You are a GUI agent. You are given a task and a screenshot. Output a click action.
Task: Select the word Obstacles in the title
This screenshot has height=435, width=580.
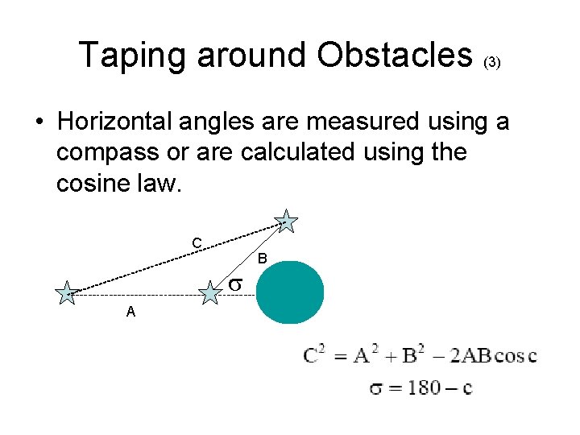click(x=394, y=56)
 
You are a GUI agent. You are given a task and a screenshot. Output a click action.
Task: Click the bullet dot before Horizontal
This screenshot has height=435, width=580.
click(x=39, y=123)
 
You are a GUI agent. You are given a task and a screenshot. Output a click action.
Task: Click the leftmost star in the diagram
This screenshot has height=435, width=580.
click(x=66, y=293)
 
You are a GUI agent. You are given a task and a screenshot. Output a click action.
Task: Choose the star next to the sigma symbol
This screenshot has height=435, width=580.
click(x=209, y=292)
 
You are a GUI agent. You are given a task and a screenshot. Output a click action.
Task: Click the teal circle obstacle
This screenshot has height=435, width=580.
click(x=290, y=292)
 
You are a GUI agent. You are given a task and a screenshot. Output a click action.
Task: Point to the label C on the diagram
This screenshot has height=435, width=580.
click(x=196, y=243)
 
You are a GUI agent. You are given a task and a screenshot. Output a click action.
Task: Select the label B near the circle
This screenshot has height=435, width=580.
click(x=262, y=259)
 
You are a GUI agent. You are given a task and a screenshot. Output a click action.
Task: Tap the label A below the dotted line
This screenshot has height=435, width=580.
click(x=130, y=313)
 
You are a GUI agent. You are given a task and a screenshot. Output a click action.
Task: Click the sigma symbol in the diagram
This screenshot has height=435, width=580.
click(x=234, y=284)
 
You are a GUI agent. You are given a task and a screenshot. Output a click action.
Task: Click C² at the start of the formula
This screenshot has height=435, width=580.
click(x=315, y=354)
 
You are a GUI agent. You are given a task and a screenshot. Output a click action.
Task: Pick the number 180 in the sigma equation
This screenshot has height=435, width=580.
click(x=423, y=388)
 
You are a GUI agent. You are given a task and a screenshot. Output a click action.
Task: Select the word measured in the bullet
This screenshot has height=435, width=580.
click(x=337, y=122)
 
